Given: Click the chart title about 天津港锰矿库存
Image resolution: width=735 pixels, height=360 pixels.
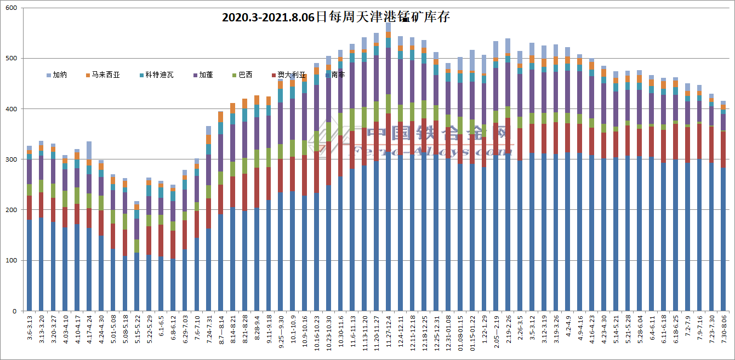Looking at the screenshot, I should pyautogui.click(x=335, y=17).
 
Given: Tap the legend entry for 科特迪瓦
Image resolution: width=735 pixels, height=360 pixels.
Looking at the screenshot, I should pyautogui.click(x=155, y=75).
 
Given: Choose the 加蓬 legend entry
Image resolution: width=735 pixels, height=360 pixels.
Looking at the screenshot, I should pyautogui.click(x=206, y=75).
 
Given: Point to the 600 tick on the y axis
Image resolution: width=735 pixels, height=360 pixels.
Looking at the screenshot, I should pyautogui.click(x=10, y=8).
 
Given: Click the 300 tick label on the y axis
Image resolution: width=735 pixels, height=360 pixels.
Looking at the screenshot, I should pyautogui.click(x=10, y=159).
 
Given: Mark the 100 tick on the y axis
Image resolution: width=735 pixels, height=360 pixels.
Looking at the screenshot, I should pyautogui.click(x=10, y=261).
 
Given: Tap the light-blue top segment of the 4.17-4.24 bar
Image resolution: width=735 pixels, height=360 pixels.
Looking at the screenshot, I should pyautogui.click(x=89, y=150).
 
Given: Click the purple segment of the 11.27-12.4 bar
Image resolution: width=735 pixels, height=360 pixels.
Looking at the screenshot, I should pyautogui.click(x=388, y=71).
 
